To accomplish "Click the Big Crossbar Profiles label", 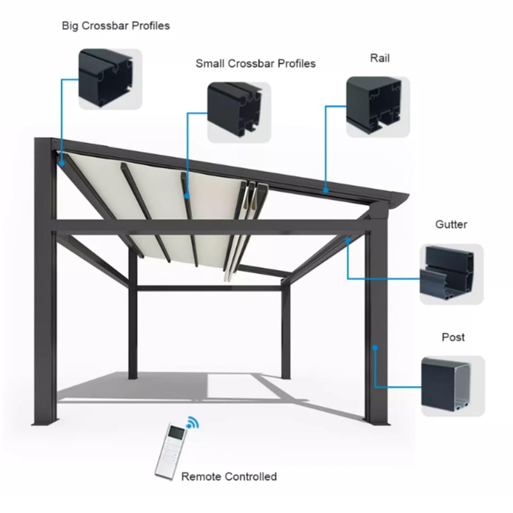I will pos(115,26).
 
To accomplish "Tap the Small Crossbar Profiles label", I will pos(255,63).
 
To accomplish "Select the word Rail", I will pos(380,58).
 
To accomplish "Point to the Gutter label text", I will pos(451,224).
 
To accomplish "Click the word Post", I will pos(453,337).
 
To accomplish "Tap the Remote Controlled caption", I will pos(229,476).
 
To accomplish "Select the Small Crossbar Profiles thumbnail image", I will pos(234,111).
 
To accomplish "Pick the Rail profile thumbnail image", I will pos(377,106).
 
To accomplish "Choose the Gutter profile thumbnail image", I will pos(451,274).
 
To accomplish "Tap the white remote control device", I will pos(171,450).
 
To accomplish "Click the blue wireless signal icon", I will pos(191,423).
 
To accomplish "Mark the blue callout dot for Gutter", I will pos(348,241).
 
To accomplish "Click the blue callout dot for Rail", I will pos(326,190).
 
